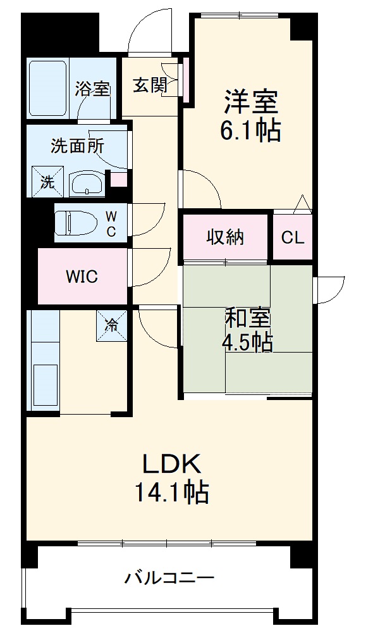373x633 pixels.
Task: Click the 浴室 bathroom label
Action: pyautogui.click(x=92, y=89)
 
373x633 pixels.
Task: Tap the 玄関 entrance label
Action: pyautogui.click(x=149, y=85)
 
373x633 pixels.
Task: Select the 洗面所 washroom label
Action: pyautogui.click(x=77, y=146)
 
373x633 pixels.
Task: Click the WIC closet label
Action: pyautogui.click(x=82, y=277)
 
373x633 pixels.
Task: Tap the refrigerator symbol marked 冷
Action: pyautogui.click(x=111, y=326)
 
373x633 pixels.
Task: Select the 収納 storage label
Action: pyautogui.click(x=226, y=238)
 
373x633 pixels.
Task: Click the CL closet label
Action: pyautogui.click(x=293, y=238)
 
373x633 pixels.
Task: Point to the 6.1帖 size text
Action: pyautogui.click(x=250, y=131)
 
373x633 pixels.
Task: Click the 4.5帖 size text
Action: pyautogui.click(x=247, y=342)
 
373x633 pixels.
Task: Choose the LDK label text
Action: pyautogui.click(x=171, y=465)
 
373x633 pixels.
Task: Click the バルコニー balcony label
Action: pyautogui.click(x=169, y=577)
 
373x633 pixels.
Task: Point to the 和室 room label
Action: pyautogui.click(x=247, y=316)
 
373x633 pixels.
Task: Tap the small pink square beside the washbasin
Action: pyautogui.click(x=118, y=179)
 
